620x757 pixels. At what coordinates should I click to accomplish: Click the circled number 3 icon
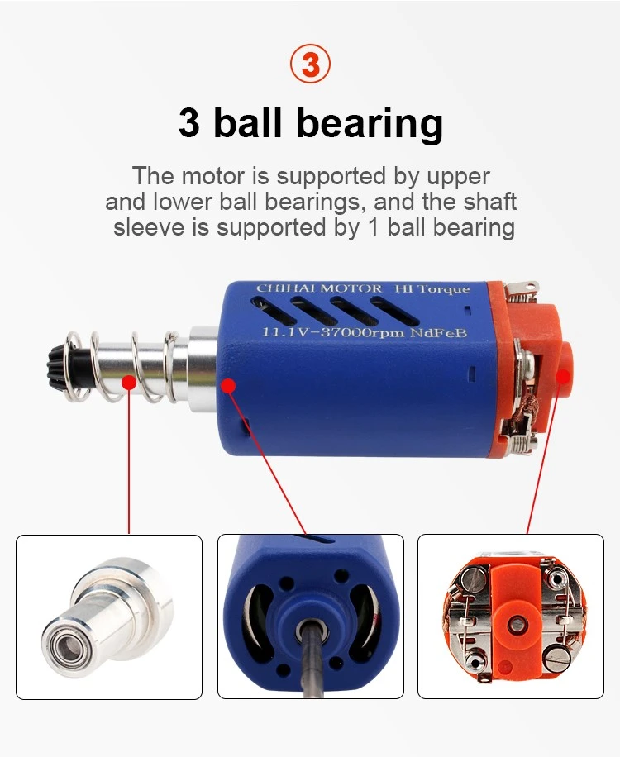click(x=311, y=64)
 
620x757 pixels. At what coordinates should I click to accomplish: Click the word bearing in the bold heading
click(x=369, y=123)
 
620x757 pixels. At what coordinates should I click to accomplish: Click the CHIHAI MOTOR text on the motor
click(x=319, y=288)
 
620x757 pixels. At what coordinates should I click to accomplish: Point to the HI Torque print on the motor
click(x=432, y=288)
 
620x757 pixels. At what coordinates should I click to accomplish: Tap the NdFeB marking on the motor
click(x=438, y=333)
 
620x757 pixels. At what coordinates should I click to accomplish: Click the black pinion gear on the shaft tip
click(x=56, y=366)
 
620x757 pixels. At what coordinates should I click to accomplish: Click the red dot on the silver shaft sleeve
click(x=129, y=383)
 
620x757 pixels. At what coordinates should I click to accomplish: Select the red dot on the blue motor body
click(x=228, y=386)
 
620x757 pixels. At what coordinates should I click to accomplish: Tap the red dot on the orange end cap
click(x=563, y=377)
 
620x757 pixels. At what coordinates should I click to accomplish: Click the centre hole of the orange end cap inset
click(x=517, y=624)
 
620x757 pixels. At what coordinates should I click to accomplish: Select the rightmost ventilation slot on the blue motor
click(x=393, y=311)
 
